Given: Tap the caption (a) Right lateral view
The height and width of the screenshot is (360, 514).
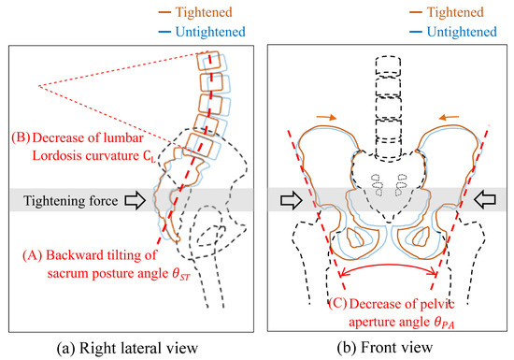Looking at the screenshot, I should pos(130,348).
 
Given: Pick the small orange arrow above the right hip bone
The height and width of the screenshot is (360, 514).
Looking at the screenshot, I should pos(448,118).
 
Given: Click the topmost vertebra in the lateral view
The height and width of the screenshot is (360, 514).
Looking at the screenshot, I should pos(207,61).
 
